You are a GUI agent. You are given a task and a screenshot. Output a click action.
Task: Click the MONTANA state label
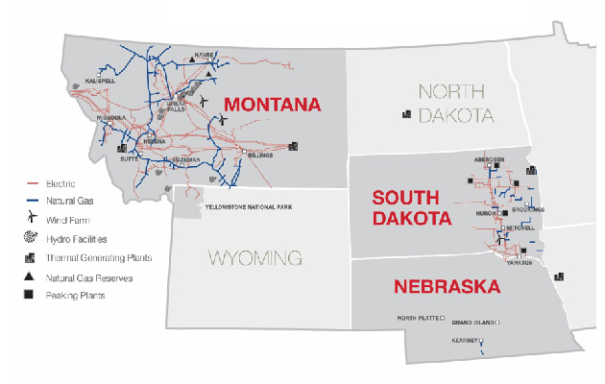[x=272, y=105]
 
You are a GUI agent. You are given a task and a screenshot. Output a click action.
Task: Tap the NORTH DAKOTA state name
[x=455, y=104]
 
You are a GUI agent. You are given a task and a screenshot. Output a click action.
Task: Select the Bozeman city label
[x=187, y=159]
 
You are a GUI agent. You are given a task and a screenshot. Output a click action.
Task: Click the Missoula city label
[x=109, y=117]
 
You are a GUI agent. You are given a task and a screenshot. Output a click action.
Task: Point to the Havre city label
[x=204, y=55]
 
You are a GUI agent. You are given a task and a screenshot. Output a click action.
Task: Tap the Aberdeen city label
[x=489, y=158]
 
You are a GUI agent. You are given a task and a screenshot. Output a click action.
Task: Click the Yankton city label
[x=521, y=261]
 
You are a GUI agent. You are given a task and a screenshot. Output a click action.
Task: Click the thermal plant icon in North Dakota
[x=407, y=114]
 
